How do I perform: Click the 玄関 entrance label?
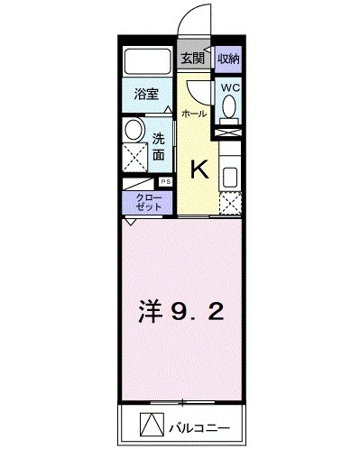190,59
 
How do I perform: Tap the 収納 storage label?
228,59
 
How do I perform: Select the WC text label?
228,88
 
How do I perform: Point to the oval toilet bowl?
228,109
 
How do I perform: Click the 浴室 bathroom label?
146,92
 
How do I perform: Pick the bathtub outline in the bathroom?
147,60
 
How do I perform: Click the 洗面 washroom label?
159,146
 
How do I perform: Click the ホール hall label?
193,114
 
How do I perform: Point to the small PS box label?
164,181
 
